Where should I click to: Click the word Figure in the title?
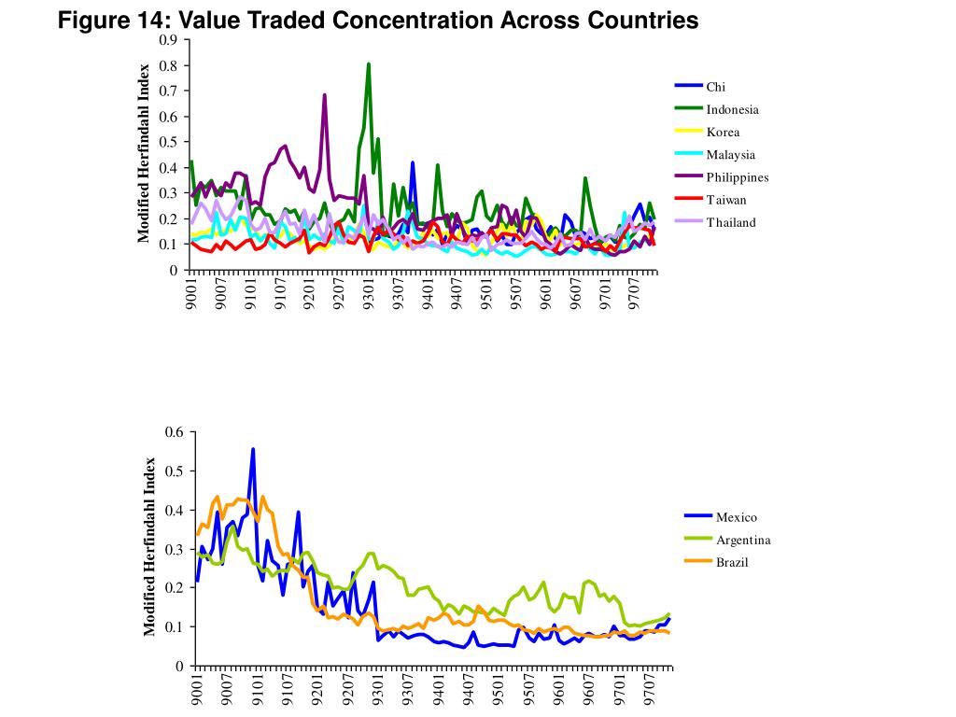(91, 20)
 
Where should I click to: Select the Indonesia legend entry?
(732, 109)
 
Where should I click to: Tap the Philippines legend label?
(737, 177)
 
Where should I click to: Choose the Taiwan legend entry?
(725, 200)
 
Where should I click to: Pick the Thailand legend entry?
(730, 222)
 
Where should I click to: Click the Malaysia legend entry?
(730, 155)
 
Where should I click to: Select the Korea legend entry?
(723, 133)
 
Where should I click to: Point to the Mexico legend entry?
(736, 517)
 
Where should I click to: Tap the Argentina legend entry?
(742, 540)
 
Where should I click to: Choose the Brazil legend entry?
(732, 562)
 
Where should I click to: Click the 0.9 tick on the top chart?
(168, 40)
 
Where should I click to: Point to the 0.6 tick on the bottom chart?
(175, 431)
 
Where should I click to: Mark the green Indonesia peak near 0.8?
(369, 64)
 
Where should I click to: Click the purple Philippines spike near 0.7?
(324, 95)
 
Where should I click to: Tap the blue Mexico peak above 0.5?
(252, 449)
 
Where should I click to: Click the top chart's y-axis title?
(145, 153)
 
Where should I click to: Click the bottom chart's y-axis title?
(149, 548)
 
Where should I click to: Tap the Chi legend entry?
(715, 87)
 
